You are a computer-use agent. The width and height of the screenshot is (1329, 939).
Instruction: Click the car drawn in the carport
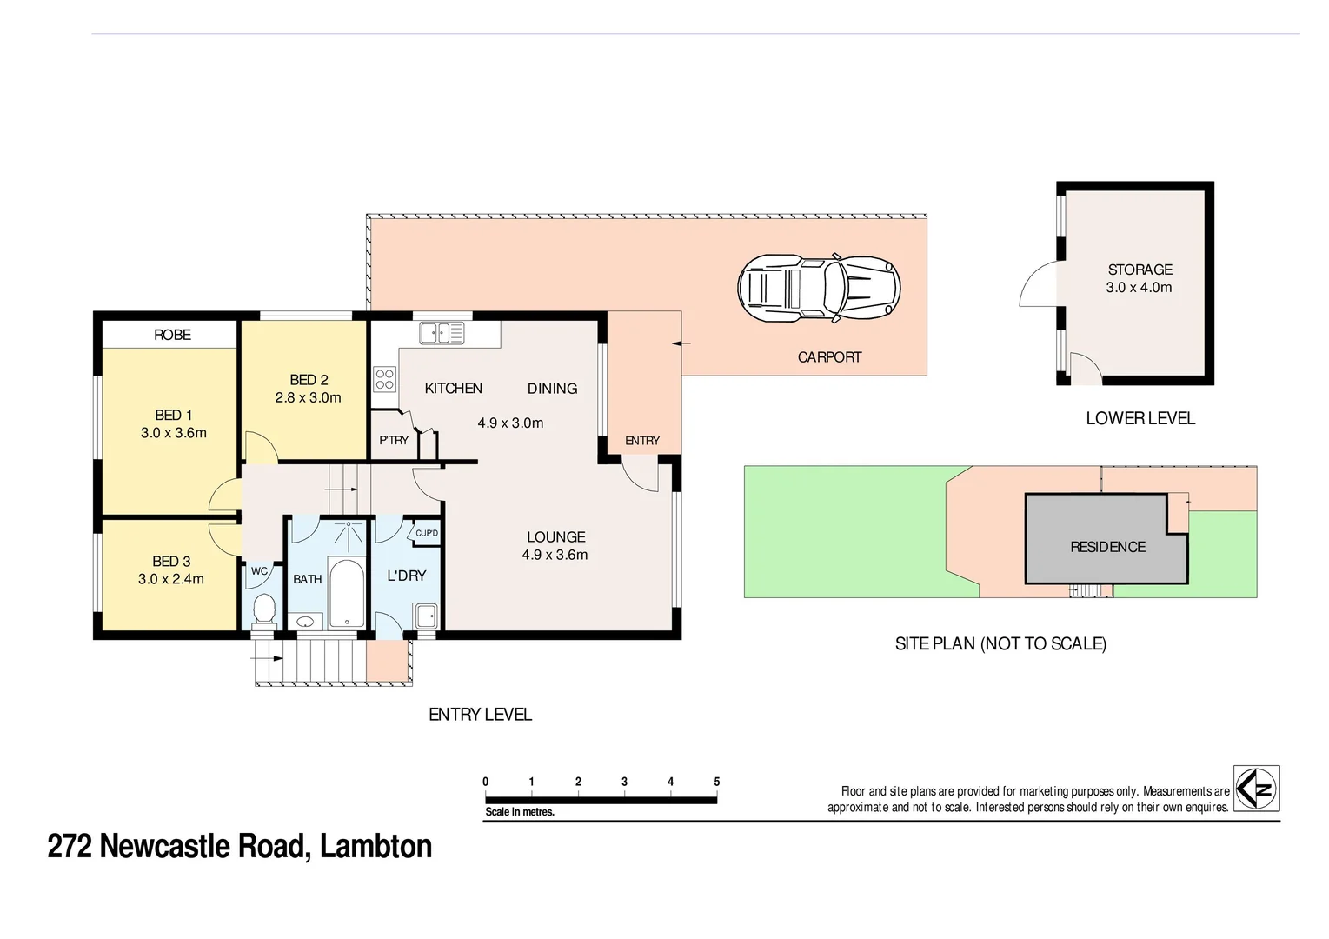[x=819, y=287]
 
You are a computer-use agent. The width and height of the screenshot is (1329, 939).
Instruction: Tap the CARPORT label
[x=829, y=357]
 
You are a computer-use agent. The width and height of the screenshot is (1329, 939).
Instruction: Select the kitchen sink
[x=442, y=333]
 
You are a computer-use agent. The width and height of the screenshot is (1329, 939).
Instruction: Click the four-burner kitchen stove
[x=384, y=379]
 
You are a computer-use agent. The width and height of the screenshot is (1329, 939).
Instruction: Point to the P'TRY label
[x=394, y=441]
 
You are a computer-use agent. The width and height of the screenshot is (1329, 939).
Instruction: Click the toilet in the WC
[x=262, y=609]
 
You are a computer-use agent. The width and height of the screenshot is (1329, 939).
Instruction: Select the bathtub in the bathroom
[x=347, y=594]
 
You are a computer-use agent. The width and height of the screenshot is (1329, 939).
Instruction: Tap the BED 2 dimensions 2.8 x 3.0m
[x=308, y=398]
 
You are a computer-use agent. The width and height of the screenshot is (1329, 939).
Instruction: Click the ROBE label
[x=172, y=335]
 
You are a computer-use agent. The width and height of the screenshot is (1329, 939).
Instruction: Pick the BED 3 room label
[x=171, y=562]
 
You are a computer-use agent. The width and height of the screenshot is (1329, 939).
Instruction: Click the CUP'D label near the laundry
[x=427, y=533]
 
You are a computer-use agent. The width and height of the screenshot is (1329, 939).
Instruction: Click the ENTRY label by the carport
[x=642, y=441]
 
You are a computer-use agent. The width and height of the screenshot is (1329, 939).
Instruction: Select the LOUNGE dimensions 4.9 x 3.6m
[x=555, y=555]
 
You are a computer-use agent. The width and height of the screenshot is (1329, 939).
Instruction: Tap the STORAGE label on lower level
[x=1140, y=270]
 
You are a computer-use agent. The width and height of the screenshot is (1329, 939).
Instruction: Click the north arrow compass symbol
[x=1257, y=788]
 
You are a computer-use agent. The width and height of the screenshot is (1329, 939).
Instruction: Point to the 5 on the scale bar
[x=717, y=782]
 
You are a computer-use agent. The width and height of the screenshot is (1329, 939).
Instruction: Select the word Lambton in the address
[x=375, y=846]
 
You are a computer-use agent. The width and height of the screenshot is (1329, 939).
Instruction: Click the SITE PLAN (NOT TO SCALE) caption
[x=1000, y=644]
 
